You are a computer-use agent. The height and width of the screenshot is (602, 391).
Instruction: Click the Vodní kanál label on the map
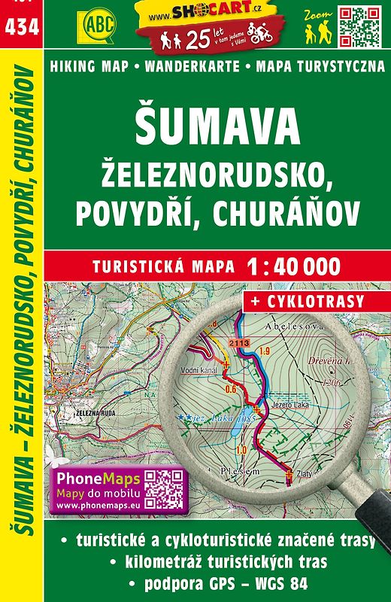point(199,371)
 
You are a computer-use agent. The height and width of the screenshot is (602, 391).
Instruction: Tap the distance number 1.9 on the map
point(265,351)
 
